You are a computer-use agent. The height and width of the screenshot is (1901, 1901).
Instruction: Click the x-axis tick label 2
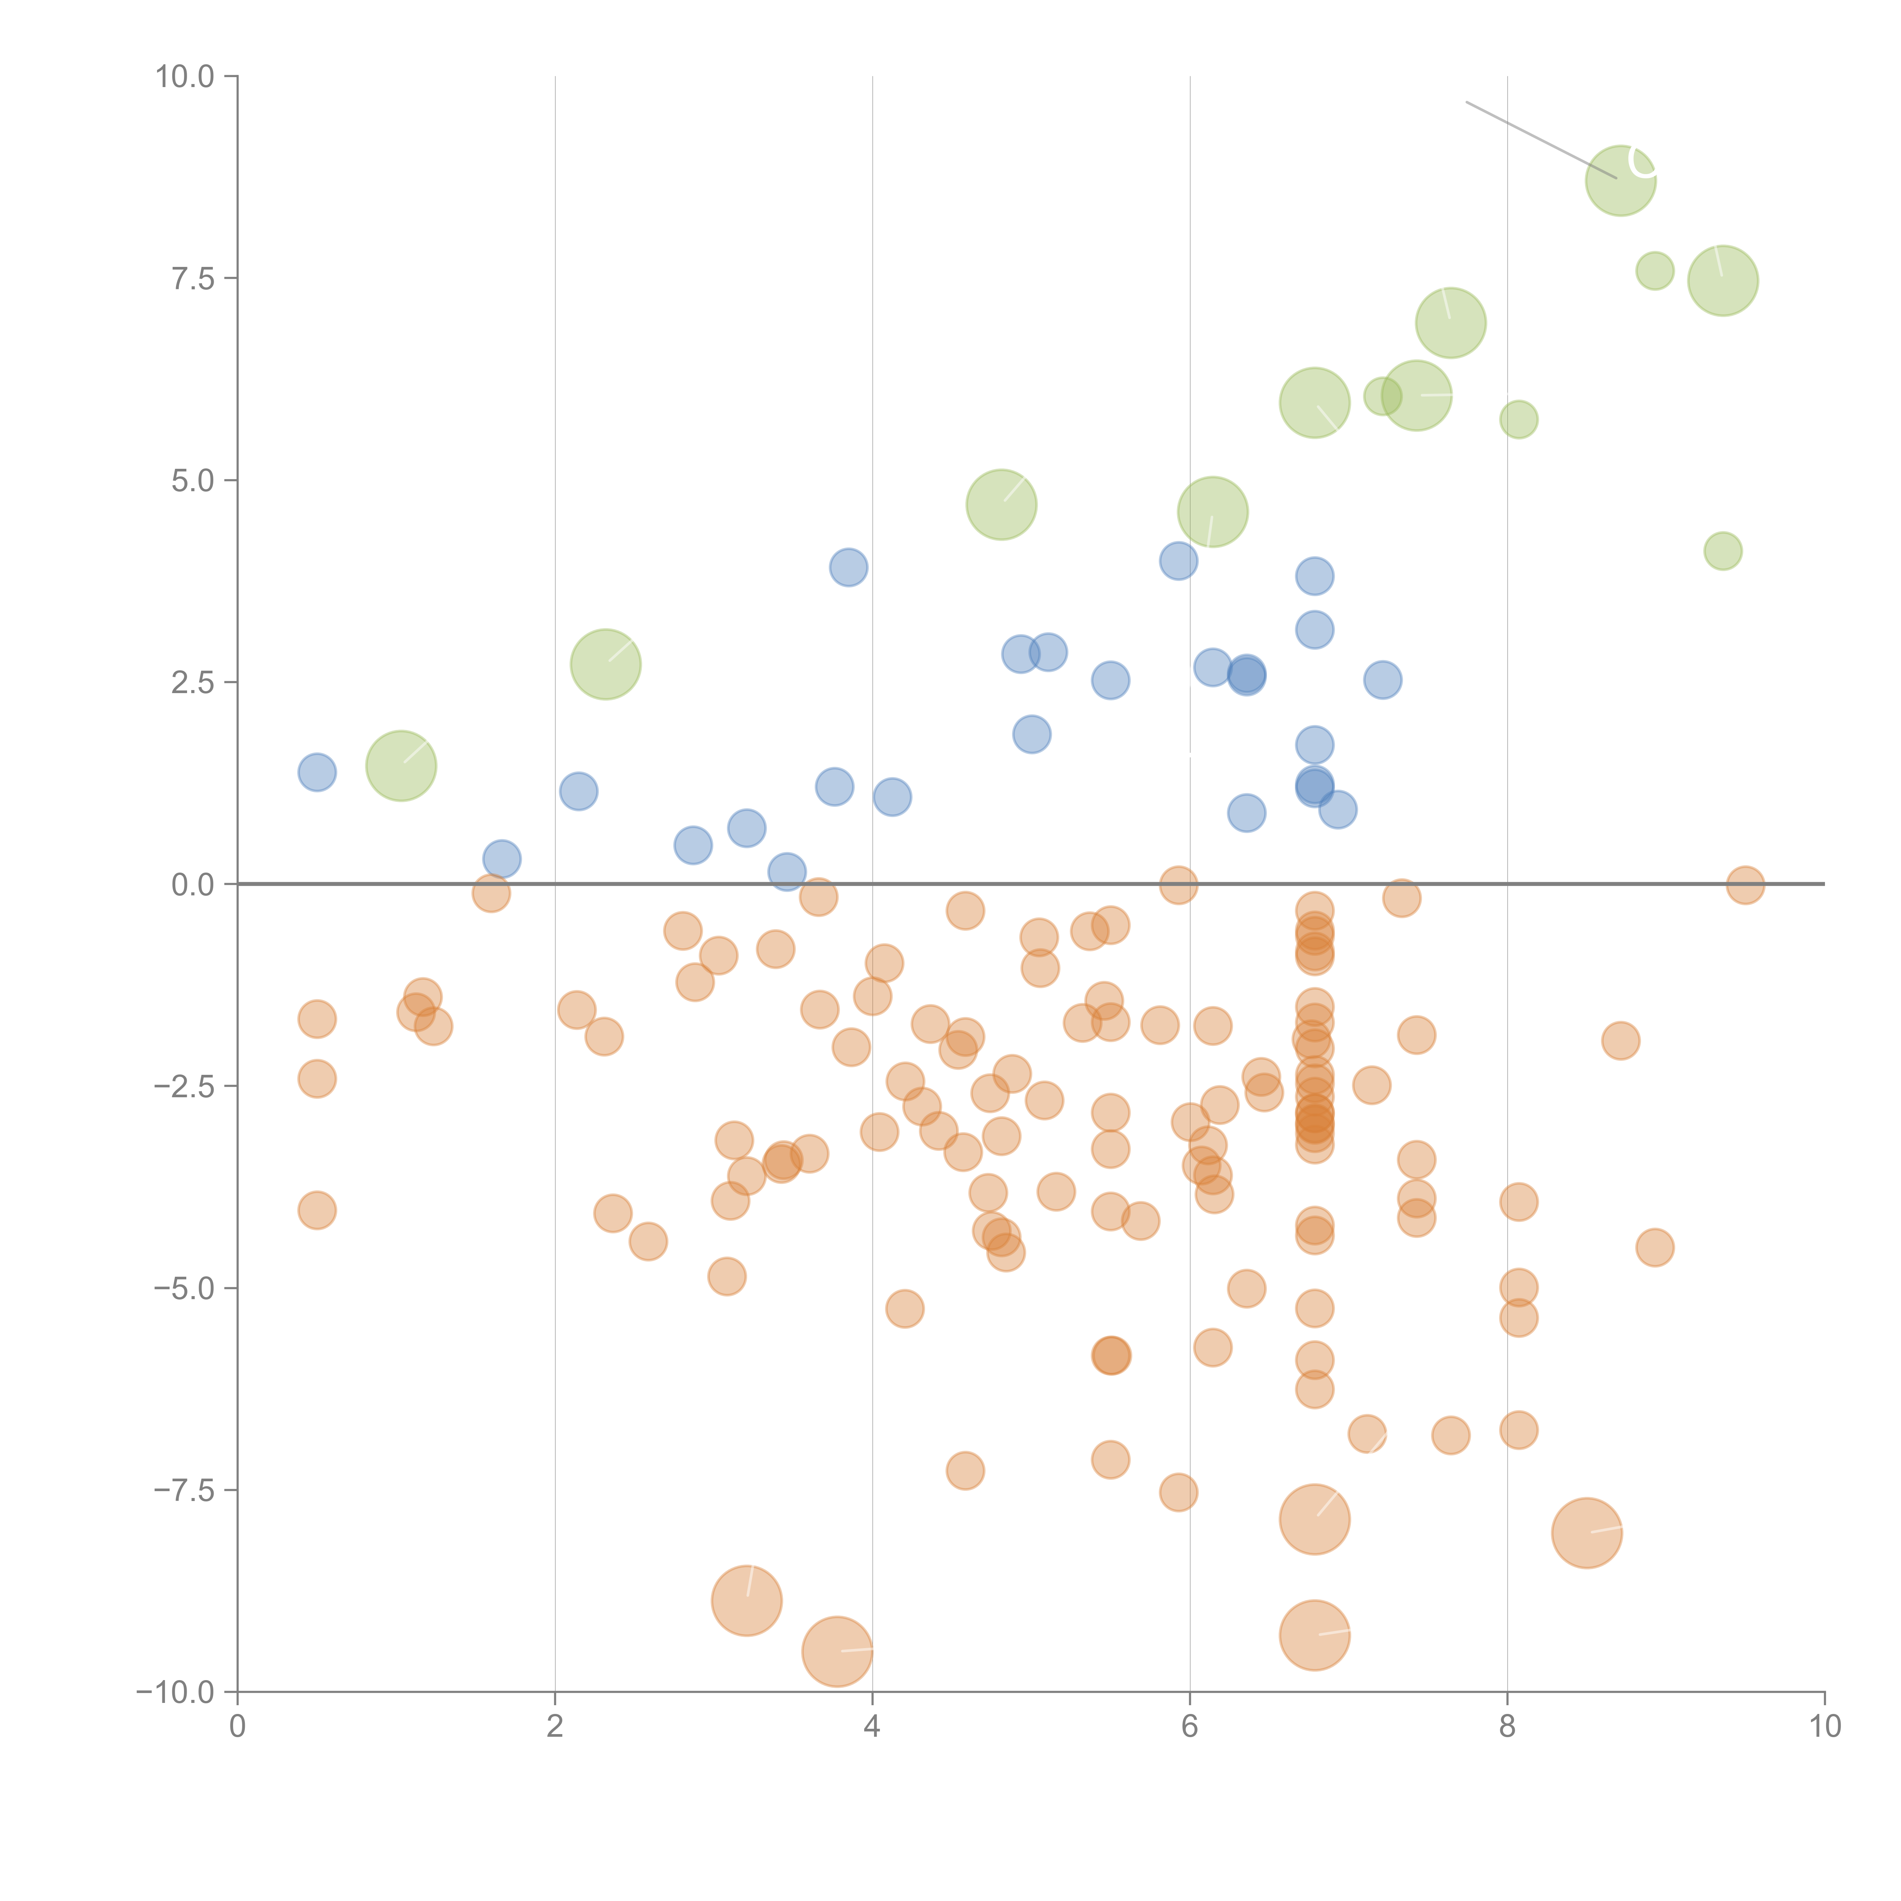(555, 1727)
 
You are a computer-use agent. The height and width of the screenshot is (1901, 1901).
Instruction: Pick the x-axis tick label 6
(1190, 1727)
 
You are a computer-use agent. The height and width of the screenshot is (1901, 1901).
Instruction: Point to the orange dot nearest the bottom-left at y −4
(317, 1210)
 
